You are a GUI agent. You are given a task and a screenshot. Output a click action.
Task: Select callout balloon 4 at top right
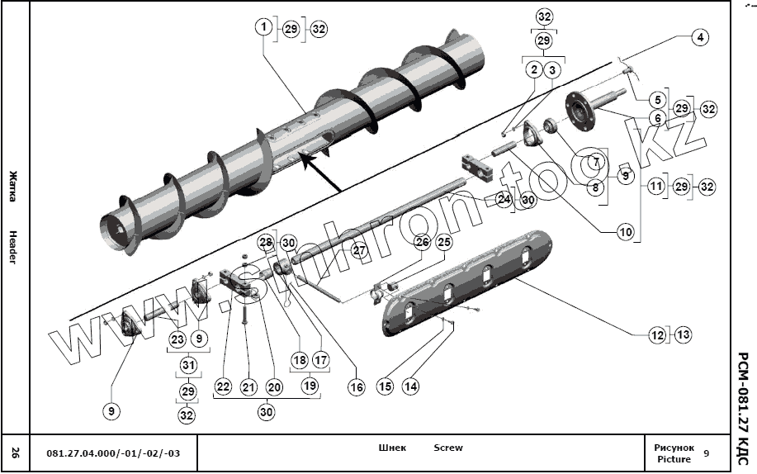point(699,37)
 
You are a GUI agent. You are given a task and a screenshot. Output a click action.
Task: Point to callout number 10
point(625,233)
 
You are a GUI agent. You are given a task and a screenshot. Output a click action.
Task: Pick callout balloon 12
point(657,335)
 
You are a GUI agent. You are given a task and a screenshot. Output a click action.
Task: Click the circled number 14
point(410,386)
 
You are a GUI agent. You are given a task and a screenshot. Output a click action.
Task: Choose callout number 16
point(356,386)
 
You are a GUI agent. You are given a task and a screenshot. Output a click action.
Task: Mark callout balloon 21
point(248,386)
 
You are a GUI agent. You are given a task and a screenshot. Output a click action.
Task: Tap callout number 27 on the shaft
point(358,249)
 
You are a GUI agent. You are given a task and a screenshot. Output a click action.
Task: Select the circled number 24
point(504,199)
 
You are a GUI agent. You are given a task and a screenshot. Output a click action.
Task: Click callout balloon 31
point(187,365)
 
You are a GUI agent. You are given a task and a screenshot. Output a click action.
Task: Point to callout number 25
point(444,242)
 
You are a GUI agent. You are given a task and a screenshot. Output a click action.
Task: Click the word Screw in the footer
point(448,448)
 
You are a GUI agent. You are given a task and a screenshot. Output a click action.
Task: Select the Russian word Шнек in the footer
point(392,448)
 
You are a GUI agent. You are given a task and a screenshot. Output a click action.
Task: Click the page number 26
point(15,453)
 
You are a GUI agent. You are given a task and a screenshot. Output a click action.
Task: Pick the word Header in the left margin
point(13,247)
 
